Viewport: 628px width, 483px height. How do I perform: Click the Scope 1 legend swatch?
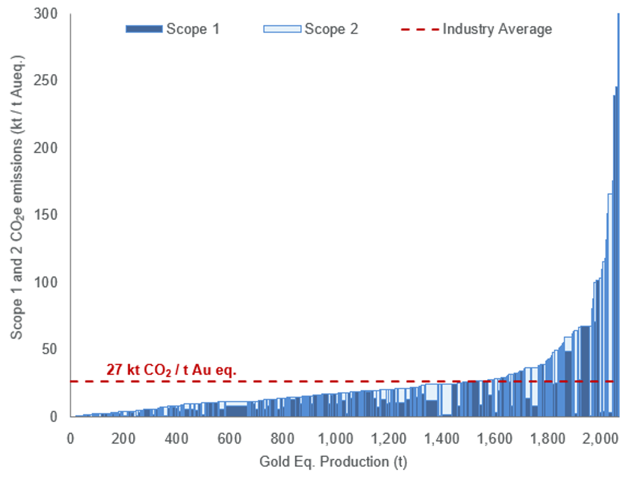pyautogui.click(x=144, y=29)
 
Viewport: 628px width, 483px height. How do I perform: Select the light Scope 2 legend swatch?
pyautogui.click(x=282, y=29)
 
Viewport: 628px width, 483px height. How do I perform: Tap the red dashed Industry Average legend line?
pyautogui.click(x=420, y=29)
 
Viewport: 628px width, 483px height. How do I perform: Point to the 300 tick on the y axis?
pyautogui.click(x=45, y=14)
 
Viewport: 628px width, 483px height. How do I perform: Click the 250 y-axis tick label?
pyautogui.click(x=45, y=81)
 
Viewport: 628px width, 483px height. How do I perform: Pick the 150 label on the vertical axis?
pyautogui.click(x=45, y=215)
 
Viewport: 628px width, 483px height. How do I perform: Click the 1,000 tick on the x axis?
pyautogui.click(x=335, y=439)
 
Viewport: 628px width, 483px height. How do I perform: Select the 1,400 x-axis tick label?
pyautogui.click(x=441, y=439)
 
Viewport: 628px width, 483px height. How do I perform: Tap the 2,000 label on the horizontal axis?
pyautogui.click(x=600, y=439)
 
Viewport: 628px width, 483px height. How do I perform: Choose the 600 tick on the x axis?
pyautogui.click(x=229, y=439)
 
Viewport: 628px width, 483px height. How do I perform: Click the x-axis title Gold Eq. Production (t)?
pyautogui.click(x=333, y=462)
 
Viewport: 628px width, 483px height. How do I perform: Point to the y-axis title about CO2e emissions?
pyautogui.click(x=16, y=197)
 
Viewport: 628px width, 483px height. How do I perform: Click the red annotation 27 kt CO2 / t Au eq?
pyautogui.click(x=171, y=370)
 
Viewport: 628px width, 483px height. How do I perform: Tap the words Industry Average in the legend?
pyautogui.click(x=497, y=29)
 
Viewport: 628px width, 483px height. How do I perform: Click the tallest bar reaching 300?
pyautogui.click(x=618, y=209)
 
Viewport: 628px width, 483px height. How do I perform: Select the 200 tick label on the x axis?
pyautogui.click(x=123, y=439)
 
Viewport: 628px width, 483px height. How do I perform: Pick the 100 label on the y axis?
pyautogui.click(x=45, y=282)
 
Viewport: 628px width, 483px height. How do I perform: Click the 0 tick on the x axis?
pyautogui.click(x=70, y=439)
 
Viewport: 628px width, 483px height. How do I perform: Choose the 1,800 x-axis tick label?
pyautogui.click(x=547, y=439)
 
